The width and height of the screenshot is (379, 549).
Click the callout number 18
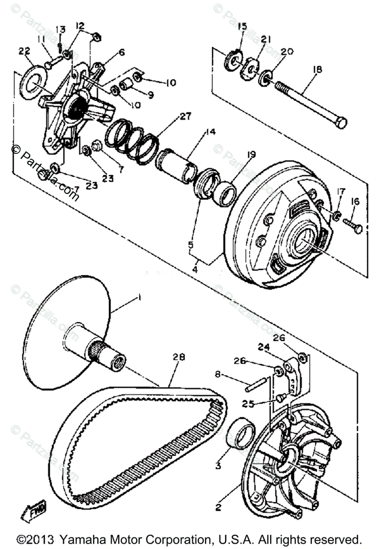tap(317, 70)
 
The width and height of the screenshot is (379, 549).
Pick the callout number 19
tap(251, 155)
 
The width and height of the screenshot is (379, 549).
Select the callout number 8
tap(218, 374)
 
